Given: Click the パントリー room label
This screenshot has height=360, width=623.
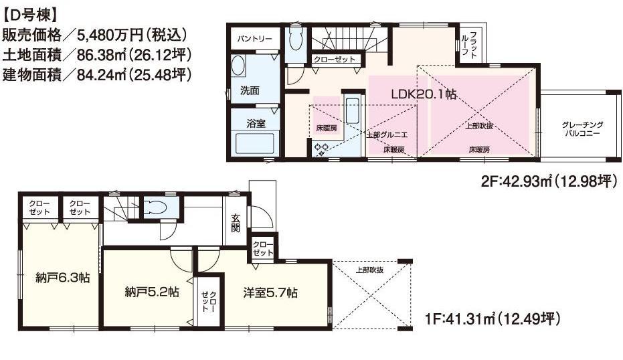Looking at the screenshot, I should pos(254,39).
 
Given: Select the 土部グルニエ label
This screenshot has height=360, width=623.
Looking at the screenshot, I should pos(387,134).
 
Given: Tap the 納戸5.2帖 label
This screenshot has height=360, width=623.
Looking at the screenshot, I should pos(152,292).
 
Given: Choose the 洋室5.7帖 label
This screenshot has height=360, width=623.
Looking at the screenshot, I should pos(270,292).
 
